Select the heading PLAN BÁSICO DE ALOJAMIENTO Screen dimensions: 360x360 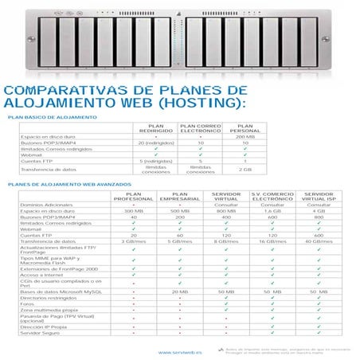coord(53,118)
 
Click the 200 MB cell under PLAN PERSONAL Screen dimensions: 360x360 coord(245,137)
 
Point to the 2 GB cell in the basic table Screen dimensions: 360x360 coord(245,169)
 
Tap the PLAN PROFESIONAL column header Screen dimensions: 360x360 coord(133,196)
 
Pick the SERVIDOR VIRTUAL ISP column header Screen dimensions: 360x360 coord(319,196)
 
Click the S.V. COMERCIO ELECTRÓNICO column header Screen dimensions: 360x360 coord(272,196)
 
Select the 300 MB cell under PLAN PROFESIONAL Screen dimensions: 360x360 coord(133,210)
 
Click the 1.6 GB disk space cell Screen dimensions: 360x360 coord(272,210)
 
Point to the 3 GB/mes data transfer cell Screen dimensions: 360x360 coord(133,240)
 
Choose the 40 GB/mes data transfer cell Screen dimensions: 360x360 coord(319,240)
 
